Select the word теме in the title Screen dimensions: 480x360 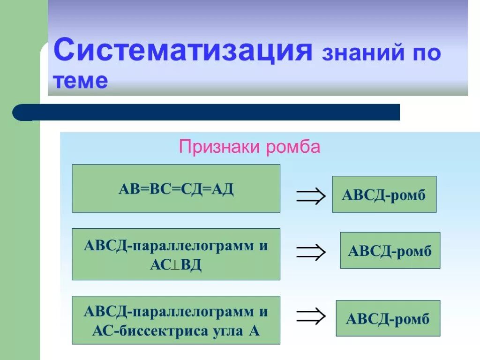80,81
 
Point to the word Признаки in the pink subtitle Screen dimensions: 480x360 220,147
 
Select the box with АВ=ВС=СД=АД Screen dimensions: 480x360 176,188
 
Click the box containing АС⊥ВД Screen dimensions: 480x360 176,254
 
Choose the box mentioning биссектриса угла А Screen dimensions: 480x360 176,320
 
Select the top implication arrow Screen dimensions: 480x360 310,196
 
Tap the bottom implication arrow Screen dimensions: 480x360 310,315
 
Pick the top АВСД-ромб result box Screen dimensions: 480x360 384,194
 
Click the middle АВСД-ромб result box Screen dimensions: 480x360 390,250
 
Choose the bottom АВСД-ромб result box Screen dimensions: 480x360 388,318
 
